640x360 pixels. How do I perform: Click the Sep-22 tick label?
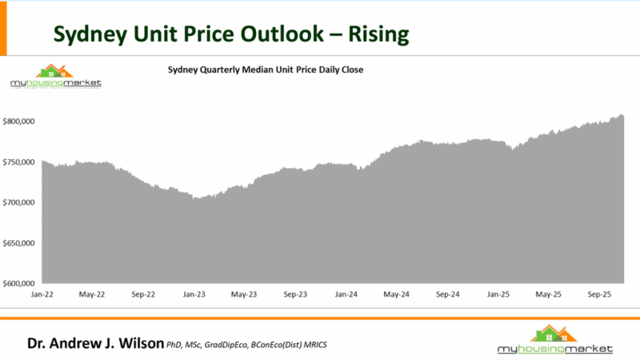click(144, 294)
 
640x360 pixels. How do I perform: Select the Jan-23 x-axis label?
click(194, 294)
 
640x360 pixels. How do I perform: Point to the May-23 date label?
click(245, 294)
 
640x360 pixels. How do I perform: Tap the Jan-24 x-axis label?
click(346, 294)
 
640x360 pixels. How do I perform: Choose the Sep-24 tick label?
click(448, 294)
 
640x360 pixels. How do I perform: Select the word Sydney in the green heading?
click(88, 34)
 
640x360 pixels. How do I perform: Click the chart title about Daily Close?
click(266, 70)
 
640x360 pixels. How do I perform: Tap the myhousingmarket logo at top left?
click(55, 77)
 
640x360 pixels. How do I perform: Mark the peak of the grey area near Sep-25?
click(622, 115)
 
